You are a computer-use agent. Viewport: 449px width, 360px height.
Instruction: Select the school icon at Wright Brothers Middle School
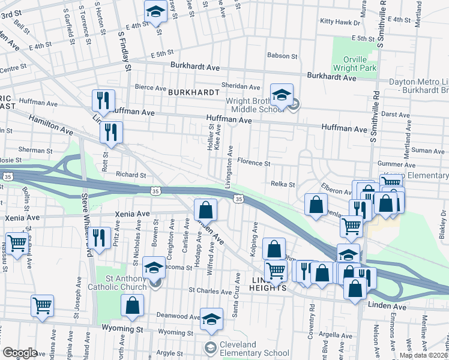coord(282,94)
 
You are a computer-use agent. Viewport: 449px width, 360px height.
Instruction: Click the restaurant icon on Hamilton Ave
coord(111,132)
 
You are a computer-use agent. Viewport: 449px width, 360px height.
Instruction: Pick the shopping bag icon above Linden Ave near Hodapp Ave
coord(205,210)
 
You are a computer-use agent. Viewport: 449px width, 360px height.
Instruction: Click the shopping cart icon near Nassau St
coord(16,244)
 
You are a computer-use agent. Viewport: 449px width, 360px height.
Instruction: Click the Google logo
coord(20,353)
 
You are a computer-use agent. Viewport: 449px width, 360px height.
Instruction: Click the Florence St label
coord(253,163)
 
